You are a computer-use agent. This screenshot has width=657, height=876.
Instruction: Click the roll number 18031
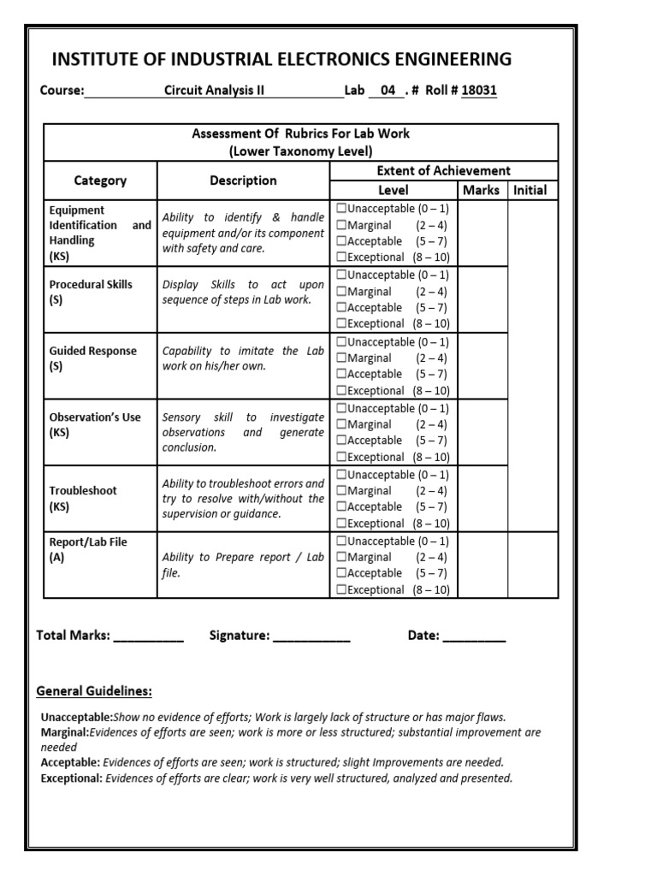coord(478,91)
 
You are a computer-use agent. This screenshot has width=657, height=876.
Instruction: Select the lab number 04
coord(387,91)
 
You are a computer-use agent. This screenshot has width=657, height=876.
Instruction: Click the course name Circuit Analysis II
coord(214,91)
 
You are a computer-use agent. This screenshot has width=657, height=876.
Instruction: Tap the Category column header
coord(100,181)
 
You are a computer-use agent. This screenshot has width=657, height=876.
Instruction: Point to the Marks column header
coord(480,190)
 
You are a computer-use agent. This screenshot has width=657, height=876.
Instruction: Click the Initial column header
coord(530,190)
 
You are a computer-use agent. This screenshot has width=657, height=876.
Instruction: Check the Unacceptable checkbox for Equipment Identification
coord(342,209)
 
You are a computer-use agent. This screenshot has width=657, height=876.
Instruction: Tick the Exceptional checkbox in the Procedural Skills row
coord(342,323)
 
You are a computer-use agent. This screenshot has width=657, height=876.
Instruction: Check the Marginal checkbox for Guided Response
coord(342,358)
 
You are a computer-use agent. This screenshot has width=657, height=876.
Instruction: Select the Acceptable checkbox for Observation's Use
coord(342,441)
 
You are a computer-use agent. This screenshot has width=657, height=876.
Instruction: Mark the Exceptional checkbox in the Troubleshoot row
coord(342,524)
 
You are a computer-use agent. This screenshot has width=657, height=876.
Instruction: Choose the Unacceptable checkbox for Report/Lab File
coord(342,542)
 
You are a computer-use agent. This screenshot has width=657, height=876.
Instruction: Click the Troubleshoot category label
coord(83,491)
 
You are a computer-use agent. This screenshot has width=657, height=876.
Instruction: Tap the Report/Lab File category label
coord(88,542)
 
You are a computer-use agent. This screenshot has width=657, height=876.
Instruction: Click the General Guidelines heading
coord(94,691)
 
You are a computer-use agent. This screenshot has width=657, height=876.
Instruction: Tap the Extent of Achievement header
coord(443,170)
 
